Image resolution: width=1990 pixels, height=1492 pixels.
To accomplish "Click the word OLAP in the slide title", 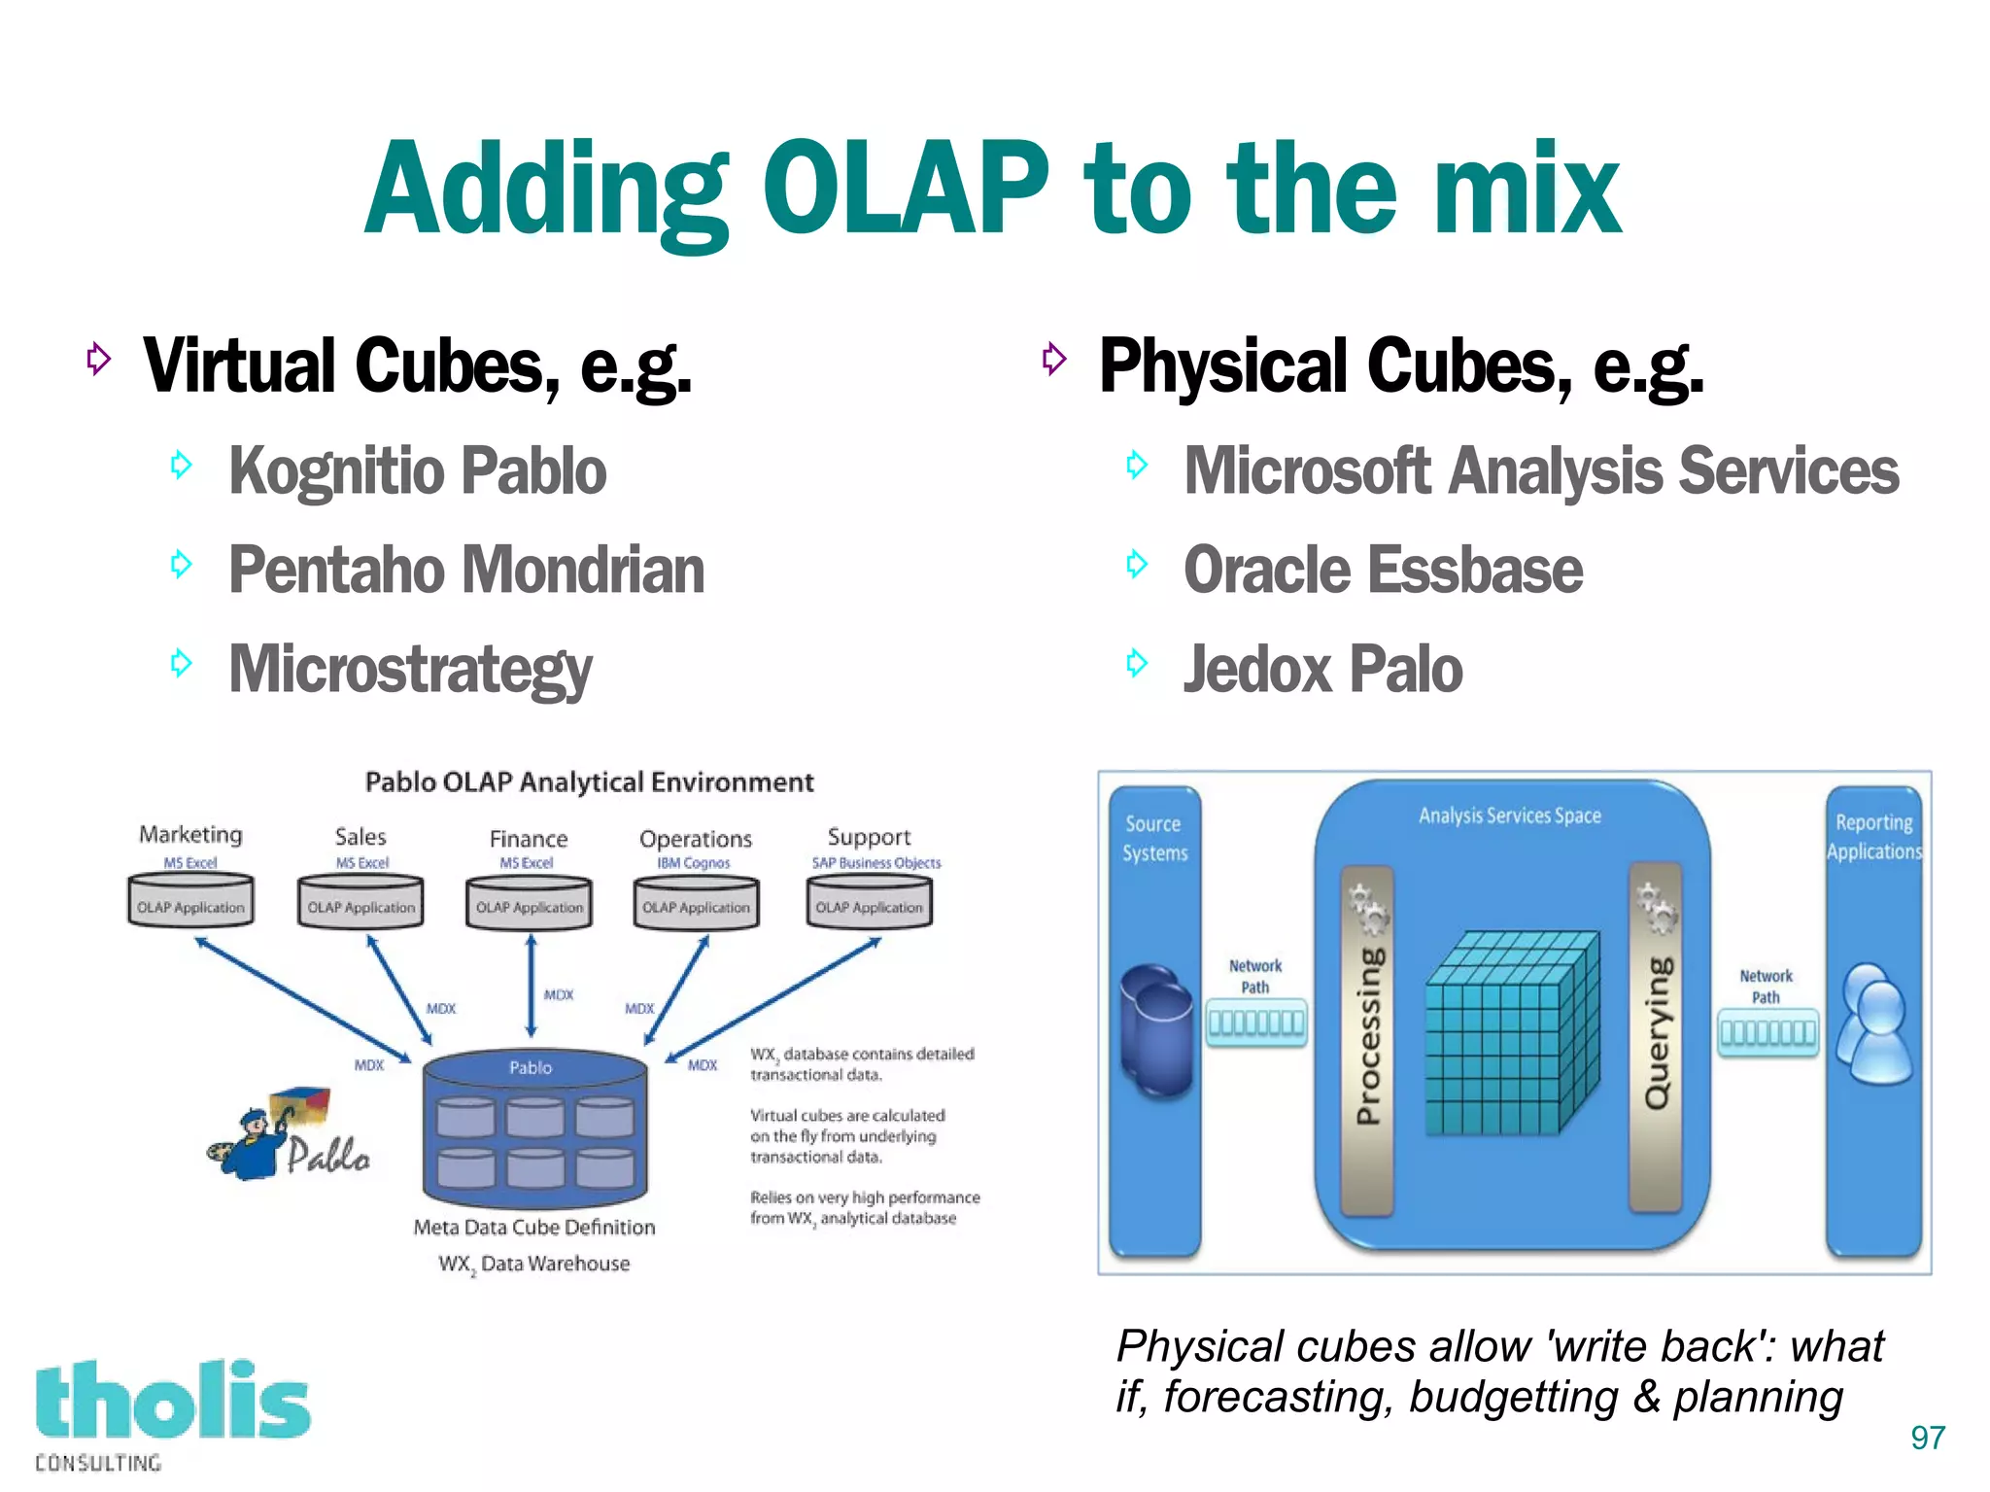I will [906, 190].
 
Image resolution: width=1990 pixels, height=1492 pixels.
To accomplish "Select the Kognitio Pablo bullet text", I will [417, 471].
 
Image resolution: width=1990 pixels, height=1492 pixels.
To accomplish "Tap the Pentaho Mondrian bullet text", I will [466, 571].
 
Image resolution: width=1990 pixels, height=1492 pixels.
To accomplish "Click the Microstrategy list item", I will [410, 670].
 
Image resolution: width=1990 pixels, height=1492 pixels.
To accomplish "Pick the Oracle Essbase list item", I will [1383, 571].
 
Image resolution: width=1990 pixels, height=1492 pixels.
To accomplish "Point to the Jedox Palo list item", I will [1322, 670].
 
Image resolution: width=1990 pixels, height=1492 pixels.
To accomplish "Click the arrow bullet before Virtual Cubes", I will [98, 359].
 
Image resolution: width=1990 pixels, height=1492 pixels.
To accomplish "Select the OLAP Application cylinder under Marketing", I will [190, 901].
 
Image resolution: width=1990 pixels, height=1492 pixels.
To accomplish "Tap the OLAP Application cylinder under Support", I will [869, 901].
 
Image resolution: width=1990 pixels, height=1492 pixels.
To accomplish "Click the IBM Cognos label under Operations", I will [693, 863].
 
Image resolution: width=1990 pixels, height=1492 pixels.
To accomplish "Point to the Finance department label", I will [528, 839].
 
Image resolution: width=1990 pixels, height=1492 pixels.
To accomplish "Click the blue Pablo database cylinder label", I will [531, 1067].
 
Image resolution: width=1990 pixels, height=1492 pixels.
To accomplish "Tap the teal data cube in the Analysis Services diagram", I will [1511, 1034].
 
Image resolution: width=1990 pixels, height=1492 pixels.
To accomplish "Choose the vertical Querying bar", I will [1656, 1034].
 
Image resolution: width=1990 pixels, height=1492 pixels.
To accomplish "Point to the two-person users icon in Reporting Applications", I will [1874, 1024].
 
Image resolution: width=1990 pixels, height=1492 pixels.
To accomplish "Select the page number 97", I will [1927, 1438].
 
